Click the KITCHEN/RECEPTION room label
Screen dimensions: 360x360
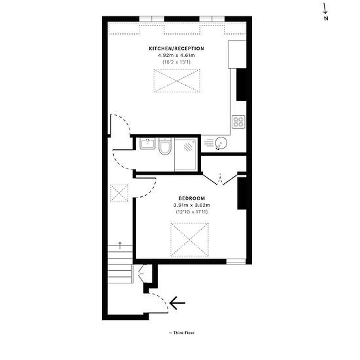176,48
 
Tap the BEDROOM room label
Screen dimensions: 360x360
192,198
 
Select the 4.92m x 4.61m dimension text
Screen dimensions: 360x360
176,56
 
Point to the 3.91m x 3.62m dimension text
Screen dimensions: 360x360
192,205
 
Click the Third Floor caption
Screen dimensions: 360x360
182,333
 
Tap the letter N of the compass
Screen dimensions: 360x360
326,18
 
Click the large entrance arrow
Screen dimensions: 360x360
177,303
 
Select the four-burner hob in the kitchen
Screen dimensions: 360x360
238,122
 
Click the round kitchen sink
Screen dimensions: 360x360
221,143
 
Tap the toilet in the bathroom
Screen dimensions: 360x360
165,146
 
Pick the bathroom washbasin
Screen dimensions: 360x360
147,144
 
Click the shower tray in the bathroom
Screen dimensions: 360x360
185,154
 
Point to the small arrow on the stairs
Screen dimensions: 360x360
120,245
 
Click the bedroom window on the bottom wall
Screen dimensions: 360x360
236,262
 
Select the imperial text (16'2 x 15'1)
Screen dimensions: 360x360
176,62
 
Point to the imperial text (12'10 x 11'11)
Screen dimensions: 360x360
192,211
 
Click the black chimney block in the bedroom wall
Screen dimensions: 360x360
242,193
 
